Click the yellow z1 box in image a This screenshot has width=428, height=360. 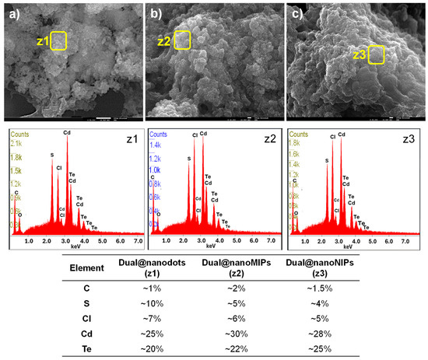(58, 40)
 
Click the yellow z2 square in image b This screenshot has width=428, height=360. (181, 40)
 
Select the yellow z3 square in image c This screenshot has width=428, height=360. (377, 54)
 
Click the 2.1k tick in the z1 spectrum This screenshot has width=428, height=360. (16, 144)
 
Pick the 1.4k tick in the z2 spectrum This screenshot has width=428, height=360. (156, 145)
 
